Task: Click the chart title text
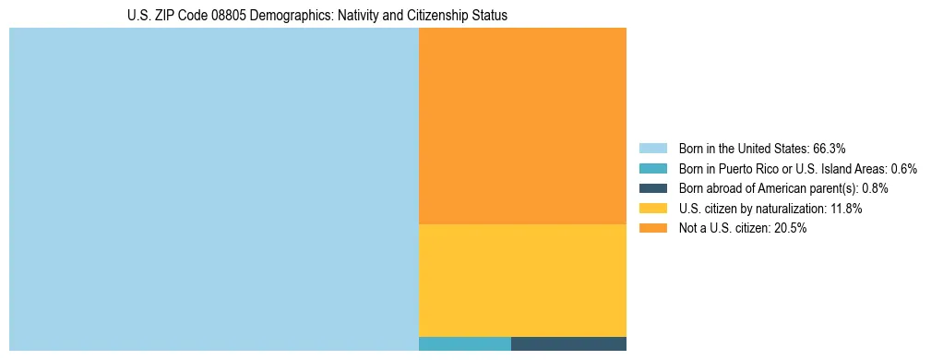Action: click(x=317, y=16)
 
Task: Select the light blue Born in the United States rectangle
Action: click(x=213, y=189)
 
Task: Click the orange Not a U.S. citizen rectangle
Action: click(x=522, y=126)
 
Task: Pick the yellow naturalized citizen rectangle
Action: click(x=522, y=281)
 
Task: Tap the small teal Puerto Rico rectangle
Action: click(x=464, y=344)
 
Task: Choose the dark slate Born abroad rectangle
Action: click(x=568, y=344)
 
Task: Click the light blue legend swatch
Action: click(x=652, y=148)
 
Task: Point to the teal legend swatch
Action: click(x=652, y=168)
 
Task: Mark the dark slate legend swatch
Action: click(x=652, y=188)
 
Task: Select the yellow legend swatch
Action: click(x=652, y=209)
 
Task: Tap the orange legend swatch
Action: click(x=652, y=229)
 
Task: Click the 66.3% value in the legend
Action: click(x=830, y=148)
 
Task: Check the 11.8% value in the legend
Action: click(x=845, y=209)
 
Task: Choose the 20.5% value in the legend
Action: click(x=791, y=229)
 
